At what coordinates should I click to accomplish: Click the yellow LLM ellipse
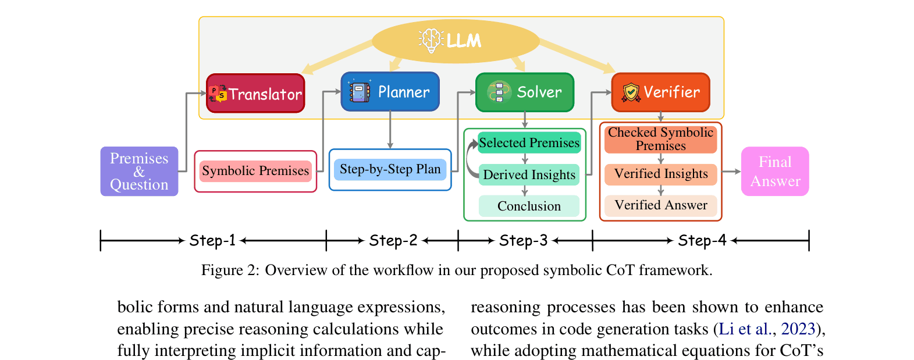[x=456, y=41]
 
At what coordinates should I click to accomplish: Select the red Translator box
[x=255, y=93]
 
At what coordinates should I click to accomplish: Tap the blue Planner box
[x=390, y=91]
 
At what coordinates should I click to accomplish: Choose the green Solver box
[x=525, y=92]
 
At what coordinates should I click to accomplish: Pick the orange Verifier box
[x=660, y=92]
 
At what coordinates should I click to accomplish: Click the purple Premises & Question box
[x=139, y=171]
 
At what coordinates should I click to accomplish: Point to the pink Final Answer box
[x=775, y=171]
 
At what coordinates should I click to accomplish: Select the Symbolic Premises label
[x=255, y=171]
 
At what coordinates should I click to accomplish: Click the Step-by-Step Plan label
[x=390, y=169]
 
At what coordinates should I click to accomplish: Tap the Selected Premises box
[x=529, y=143]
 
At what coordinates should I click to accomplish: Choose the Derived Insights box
[x=529, y=175]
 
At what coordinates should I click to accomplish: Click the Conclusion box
[x=529, y=206]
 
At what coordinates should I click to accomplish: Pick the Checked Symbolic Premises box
[x=660, y=140]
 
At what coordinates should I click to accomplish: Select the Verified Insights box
[x=660, y=174]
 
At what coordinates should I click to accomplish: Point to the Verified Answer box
[x=660, y=205]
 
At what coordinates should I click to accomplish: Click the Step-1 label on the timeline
[x=212, y=240]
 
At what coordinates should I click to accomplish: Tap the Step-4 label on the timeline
[x=702, y=240]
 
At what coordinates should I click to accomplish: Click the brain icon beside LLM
[x=431, y=40]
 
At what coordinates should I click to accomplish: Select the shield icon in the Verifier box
[x=631, y=92]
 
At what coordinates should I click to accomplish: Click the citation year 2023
[x=798, y=329]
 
